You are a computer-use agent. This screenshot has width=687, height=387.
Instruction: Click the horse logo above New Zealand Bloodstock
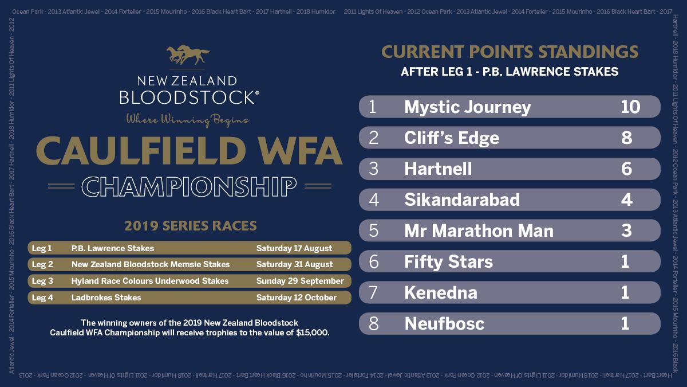pos(188,56)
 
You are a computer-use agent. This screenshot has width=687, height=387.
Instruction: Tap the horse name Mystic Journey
pos(467,107)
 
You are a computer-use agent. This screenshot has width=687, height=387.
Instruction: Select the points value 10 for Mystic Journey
pos(630,107)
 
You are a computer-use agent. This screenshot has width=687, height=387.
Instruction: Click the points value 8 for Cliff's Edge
pos(626,138)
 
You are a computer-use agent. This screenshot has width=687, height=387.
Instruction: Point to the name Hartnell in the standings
pos(438,169)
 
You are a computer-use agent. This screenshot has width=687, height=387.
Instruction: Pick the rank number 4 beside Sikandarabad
pos(374,200)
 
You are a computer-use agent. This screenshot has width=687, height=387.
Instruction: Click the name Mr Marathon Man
pos(479,231)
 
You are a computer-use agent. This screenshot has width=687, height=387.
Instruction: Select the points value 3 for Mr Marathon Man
pos(626,231)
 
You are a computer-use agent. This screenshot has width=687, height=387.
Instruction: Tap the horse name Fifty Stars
pos(448,262)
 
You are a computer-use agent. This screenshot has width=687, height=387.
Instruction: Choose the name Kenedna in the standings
pos(440,293)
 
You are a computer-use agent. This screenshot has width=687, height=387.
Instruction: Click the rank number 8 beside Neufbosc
pos(374,324)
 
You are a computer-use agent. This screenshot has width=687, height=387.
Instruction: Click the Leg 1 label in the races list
pos(42,248)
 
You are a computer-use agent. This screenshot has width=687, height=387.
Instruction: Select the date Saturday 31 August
pos(294,264)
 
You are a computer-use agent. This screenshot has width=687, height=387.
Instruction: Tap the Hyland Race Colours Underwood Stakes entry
pos(150,281)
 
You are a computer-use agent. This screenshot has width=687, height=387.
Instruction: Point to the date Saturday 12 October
pos(296,298)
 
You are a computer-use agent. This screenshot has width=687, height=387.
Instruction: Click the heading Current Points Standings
pos(510,52)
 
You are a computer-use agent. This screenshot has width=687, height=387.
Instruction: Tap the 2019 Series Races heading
pos(190,225)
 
